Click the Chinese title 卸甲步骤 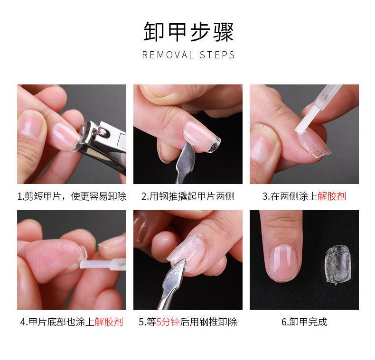[188, 32]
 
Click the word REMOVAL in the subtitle [168, 55]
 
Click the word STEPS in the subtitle [217, 55]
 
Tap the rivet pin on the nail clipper [103, 132]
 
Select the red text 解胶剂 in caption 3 [332, 196]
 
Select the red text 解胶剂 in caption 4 [109, 322]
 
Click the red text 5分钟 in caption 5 [168, 322]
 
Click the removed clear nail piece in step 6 [337, 265]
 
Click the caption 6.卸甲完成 [304, 322]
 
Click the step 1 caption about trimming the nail [72, 196]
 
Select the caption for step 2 [188, 196]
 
